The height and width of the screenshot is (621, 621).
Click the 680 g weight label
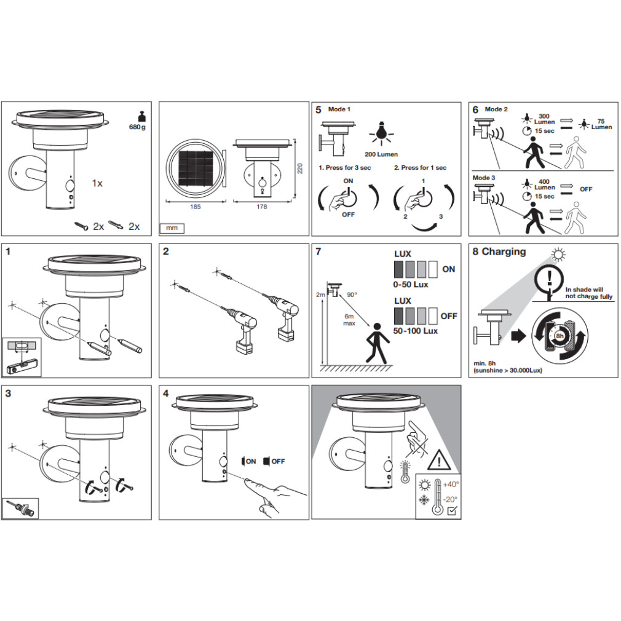(x=137, y=127)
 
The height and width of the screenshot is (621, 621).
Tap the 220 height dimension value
(x=300, y=168)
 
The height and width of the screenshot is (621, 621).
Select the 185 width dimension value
(x=196, y=207)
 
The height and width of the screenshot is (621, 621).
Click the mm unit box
(x=172, y=228)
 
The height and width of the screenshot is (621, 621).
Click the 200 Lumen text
(x=381, y=154)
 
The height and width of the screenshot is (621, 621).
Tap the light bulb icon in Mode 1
(x=381, y=133)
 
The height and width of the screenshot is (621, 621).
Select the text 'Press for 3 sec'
(x=348, y=167)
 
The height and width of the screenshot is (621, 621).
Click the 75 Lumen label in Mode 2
(x=601, y=124)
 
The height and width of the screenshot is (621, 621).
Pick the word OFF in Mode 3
(x=586, y=189)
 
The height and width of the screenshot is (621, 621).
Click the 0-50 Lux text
(x=411, y=284)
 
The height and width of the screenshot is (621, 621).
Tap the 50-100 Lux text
(x=416, y=331)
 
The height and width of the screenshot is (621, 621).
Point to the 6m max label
(x=349, y=320)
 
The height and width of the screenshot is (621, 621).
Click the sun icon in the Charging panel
(x=558, y=255)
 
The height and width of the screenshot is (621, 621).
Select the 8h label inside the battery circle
(x=560, y=336)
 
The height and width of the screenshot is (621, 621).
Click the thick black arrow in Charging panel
(x=519, y=336)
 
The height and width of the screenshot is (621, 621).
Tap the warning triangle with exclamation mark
(x=439, y=460)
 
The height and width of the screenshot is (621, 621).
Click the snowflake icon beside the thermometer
(x=424, y=500)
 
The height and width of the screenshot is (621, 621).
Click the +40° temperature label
(x=451, y=485)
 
